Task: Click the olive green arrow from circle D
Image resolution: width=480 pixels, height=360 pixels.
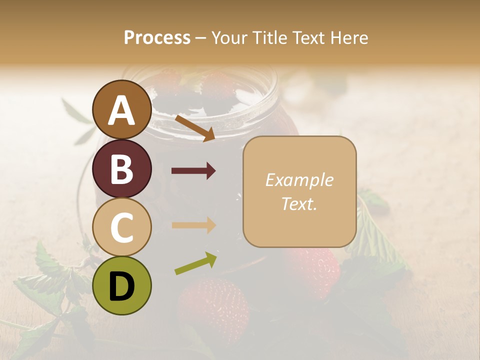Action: tap(195, 263)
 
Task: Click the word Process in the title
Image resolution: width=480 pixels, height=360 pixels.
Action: tap(157, 37)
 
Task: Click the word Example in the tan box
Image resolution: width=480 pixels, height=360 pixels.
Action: tap(299, 180)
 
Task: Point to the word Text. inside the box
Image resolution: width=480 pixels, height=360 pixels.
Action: tap(299, 203)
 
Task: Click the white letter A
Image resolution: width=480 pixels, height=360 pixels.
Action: tap(121, 110)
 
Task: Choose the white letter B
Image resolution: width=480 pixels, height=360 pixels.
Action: tap(121, 169)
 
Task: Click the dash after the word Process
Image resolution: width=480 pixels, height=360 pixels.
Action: tap(200, 38)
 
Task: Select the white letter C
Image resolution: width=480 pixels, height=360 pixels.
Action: tap(121, 227)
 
